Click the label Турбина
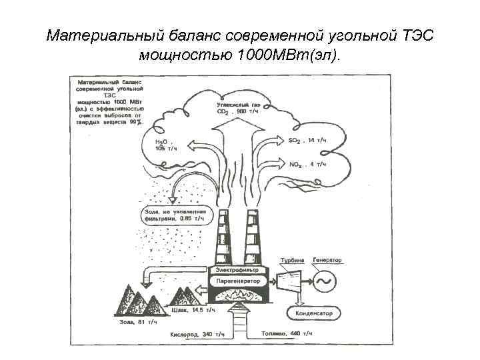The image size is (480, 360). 291,260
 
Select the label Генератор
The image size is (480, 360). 327,259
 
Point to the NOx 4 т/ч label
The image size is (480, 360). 307,164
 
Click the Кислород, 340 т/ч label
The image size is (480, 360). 197,333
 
